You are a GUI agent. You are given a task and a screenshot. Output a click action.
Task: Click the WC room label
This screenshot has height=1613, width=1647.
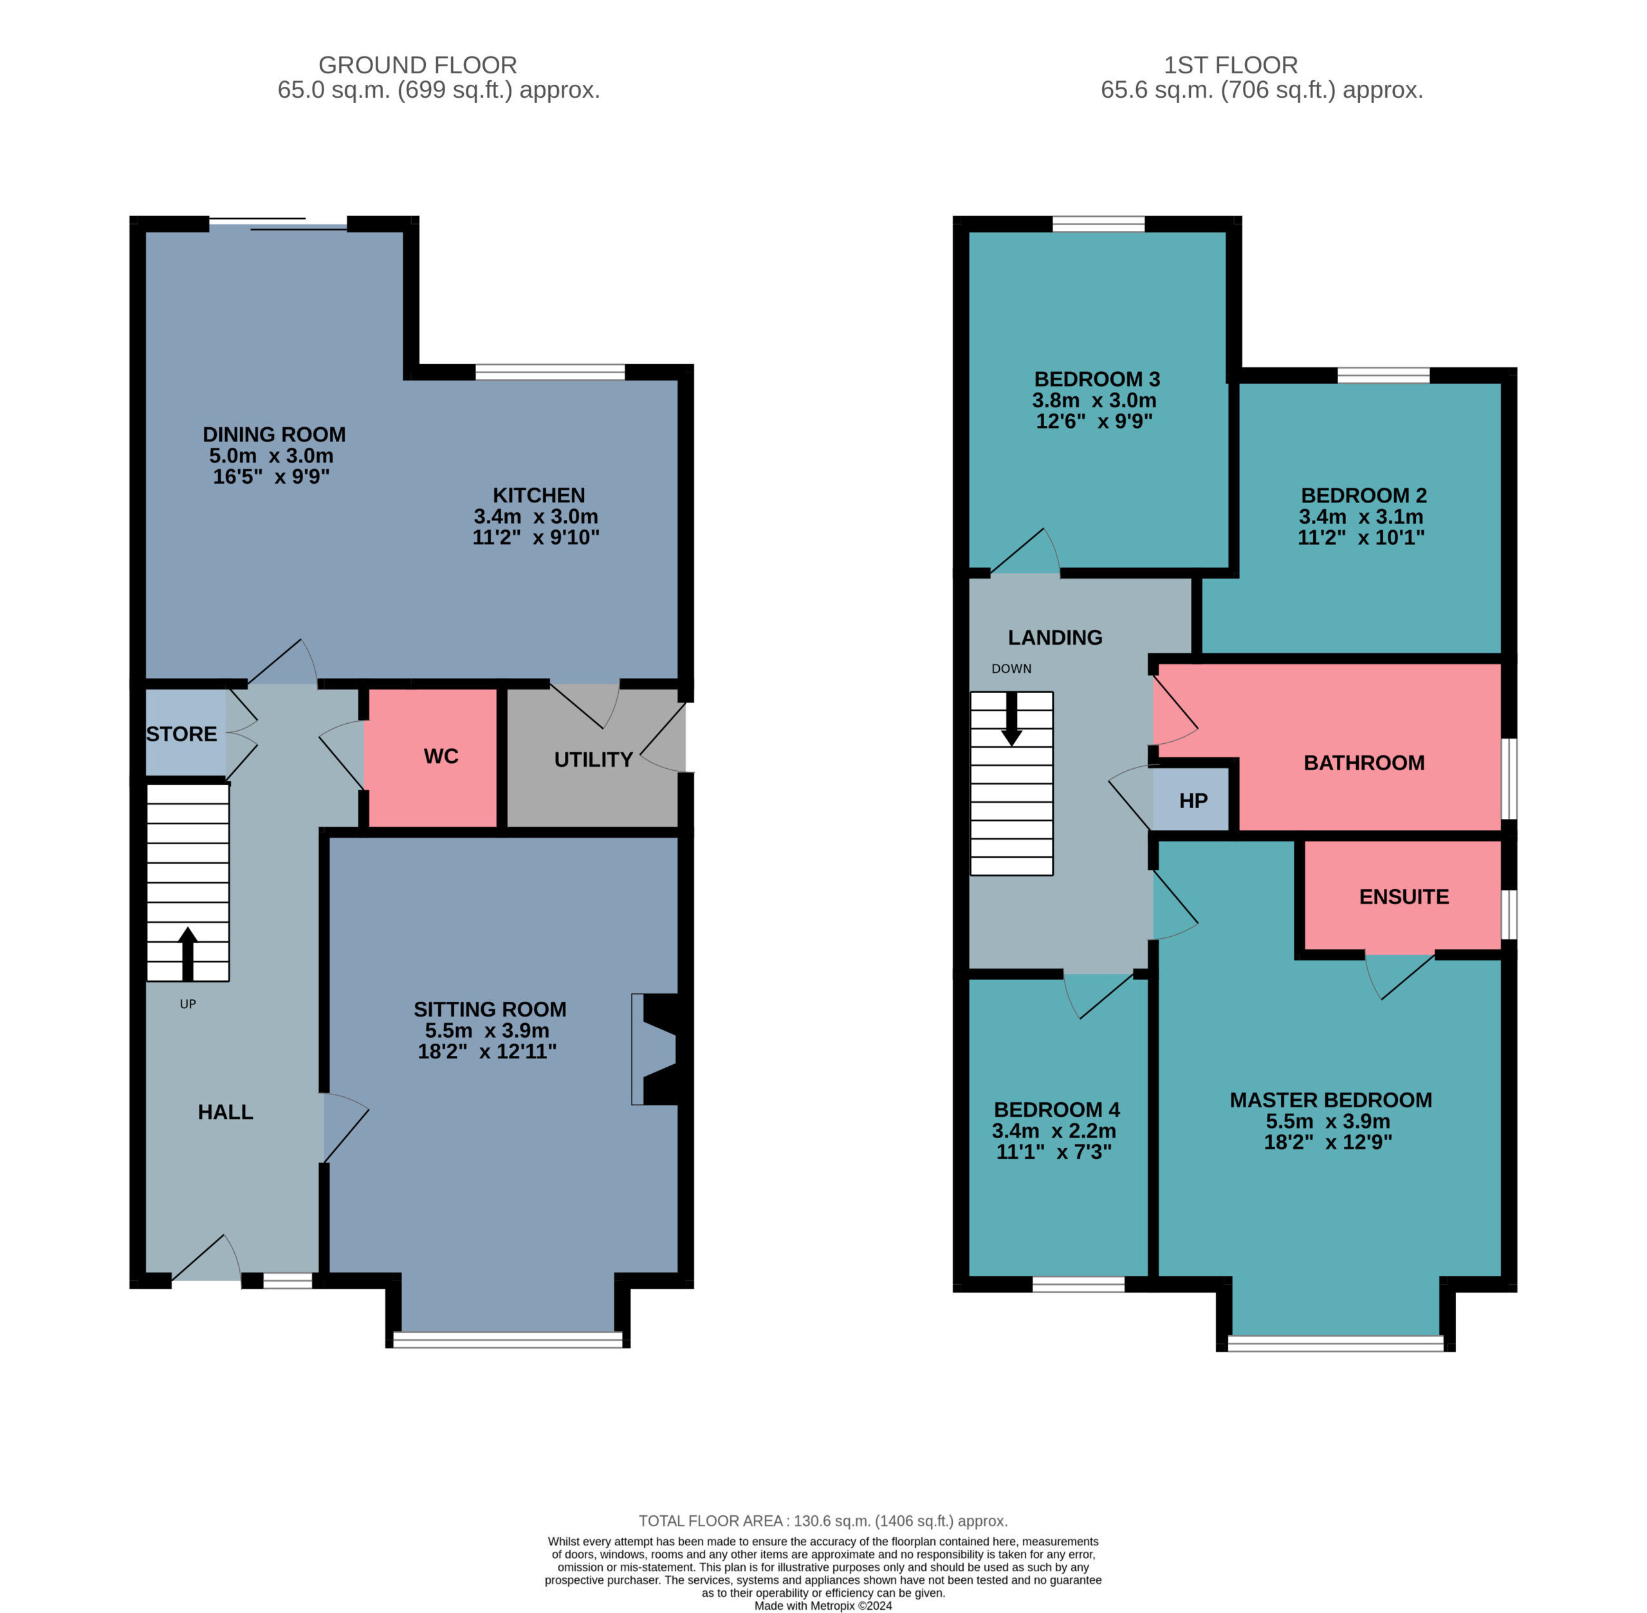click(x=441, y=757)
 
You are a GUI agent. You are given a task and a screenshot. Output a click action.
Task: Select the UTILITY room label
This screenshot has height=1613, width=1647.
click(x=593, y=760)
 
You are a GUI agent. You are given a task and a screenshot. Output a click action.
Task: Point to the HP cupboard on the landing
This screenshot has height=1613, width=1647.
click(x=1193, y=800)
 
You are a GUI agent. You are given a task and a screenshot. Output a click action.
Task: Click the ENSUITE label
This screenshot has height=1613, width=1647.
click(x=1404, y=897)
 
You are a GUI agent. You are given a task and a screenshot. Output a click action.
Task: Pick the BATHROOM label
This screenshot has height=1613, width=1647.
click(x=1364, y=763)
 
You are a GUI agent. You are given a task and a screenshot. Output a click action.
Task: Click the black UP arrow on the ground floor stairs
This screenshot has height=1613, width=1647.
click(x=187, y=954)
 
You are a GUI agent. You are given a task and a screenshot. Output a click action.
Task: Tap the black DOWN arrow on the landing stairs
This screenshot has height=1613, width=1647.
click(x=1011, y=719)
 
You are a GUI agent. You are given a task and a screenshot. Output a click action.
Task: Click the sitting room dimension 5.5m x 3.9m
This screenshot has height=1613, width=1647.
click(x=487, y=1031)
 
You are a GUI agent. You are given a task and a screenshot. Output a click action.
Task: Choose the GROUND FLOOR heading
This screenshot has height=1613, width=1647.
click(x=418, y=65)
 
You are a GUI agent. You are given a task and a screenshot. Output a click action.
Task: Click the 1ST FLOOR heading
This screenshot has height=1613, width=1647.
click(x=1230, y=65)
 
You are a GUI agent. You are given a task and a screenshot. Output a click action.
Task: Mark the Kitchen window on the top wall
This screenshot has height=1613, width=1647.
click(x=550, y=371)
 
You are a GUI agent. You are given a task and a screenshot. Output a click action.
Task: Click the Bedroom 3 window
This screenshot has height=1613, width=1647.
click(x=1098, y=224)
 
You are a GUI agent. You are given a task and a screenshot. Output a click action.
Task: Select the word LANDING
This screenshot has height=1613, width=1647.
click(x=1055, y=638)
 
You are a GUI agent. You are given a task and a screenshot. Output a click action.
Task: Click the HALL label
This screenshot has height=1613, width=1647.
click(x=225, y=1112)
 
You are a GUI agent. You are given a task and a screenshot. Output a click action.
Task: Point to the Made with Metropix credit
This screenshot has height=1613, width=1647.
click(x=823, y=1605)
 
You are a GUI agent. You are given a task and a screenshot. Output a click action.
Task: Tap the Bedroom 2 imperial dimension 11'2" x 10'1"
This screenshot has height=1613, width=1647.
click(x=1361, y=537)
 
